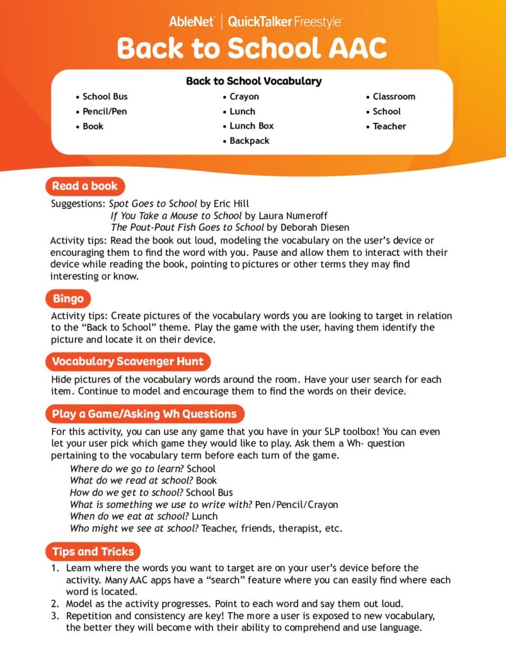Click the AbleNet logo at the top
(191, 22)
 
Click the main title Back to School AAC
(252, 49)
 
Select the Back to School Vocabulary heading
(253, 81)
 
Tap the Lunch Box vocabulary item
(251, 126)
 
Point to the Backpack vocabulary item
(249, 141)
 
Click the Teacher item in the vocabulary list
(390, 126)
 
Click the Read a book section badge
(85, 186)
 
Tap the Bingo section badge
(68, 298)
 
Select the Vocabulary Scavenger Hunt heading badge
(128, 361)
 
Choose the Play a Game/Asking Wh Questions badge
(145, 413)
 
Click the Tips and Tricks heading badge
(93, 551)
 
